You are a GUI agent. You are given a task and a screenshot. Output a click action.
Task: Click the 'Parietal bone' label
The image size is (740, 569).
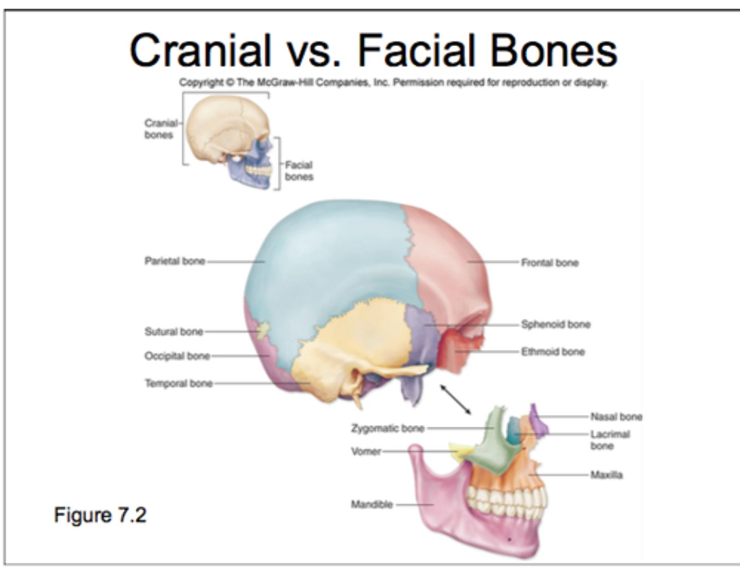point(175,261)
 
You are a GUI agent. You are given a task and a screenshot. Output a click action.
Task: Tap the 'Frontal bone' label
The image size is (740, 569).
point(549,263)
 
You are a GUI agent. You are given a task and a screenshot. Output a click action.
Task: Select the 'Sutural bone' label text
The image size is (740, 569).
point(174,332)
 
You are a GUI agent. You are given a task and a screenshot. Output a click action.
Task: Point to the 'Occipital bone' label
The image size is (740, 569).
point(177,356)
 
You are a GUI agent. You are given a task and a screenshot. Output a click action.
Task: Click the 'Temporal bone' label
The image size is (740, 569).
point(178,384)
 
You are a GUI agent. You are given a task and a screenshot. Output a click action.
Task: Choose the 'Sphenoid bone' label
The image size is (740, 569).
point(556,325)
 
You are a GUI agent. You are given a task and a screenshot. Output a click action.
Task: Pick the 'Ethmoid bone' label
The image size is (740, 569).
point(553,352)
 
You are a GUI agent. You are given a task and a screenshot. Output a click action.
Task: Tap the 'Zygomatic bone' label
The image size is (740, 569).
point(387,428)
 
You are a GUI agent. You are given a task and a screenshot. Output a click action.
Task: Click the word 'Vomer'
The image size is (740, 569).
point(366,452)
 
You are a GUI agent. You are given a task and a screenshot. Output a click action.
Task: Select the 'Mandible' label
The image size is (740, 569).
point(372,505)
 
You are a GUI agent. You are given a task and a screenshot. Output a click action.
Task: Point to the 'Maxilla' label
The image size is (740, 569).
point(606,475)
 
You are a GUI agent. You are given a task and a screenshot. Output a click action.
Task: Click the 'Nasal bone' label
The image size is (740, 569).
point(616,416)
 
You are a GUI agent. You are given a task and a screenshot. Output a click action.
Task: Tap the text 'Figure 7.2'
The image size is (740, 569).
point(100,515)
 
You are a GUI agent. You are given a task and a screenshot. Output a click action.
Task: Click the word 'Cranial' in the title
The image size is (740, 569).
point(200,50)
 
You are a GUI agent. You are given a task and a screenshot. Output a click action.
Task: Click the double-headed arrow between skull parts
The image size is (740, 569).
point(455,399)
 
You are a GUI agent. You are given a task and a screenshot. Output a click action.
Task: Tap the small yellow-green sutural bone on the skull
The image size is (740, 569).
point(263,330)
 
